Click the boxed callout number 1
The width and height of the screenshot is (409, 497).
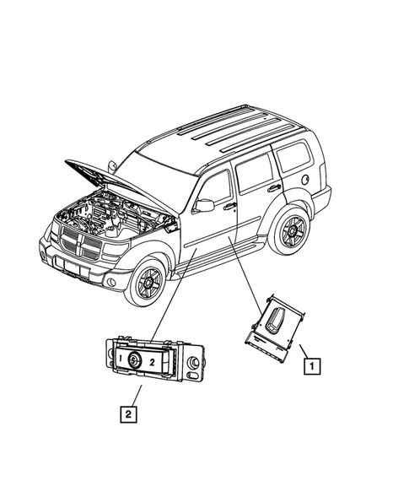[x=312, y=367]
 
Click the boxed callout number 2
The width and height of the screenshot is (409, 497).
[x=127, y=413]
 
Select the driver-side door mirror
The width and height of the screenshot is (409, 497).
[x=203, y=205]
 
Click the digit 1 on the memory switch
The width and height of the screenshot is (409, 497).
[x=121, y=360]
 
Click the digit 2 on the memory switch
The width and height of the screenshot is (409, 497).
[x=151, y=361]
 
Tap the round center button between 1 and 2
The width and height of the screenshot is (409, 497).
[x=136, y=361]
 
